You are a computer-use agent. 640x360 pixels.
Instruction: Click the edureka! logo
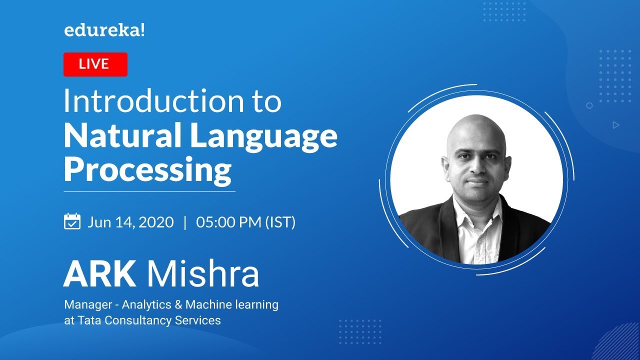pyautogui.click(x=104, y=30)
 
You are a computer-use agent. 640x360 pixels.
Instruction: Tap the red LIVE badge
pyautogui.click(x=95, y=64)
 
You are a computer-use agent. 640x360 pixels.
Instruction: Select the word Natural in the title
pyautogui.click(x=122, y=135)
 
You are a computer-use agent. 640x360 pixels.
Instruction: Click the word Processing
pyautogui.click(x=147, y=170)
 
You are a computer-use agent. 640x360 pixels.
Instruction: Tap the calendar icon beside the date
pyautogui.click(x=72, y=221)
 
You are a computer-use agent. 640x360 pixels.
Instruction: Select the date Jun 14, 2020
pyautogui.click(x=130, y=222)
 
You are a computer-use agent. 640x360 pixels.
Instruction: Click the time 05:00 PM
pyautogui.click(x=228, y=222)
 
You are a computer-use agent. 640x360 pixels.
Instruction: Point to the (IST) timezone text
pyautogui.click(x=280, y=222)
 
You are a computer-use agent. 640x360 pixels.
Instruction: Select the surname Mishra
pyautogui.click(x=203, y=273)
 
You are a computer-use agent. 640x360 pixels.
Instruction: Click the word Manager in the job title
pyautogui.click(x=88, y=305)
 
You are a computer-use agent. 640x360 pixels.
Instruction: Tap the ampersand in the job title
pyautogui.click(x=178, y=304)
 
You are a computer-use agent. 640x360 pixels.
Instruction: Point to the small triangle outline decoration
pyautogui.click(x=616, y=125)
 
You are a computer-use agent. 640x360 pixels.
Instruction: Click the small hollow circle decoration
pyautogui.click(x=589, y=105)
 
